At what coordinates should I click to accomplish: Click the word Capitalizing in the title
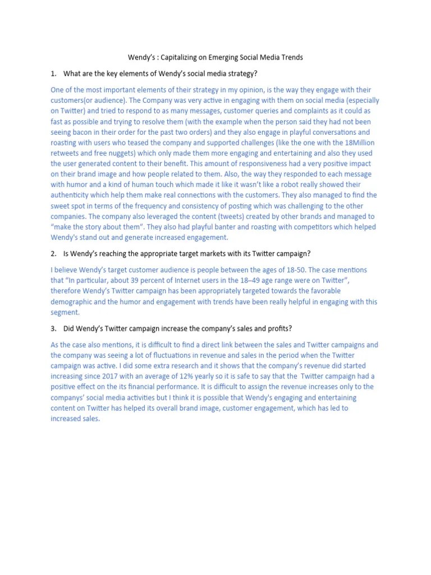(178, 57)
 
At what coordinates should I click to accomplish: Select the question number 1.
(53, 74)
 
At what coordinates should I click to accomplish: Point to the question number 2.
(53, 254)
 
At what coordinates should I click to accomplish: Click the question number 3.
(53, 328)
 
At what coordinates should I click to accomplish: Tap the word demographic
(72, 302)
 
